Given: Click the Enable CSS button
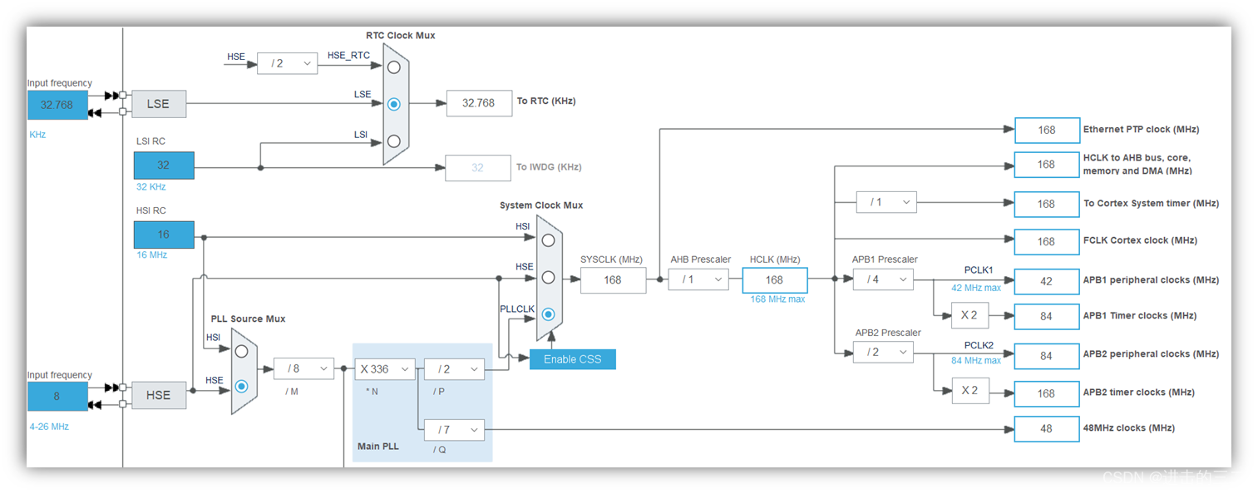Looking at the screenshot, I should click(572, 359).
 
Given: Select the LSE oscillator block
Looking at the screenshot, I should click(158, 104).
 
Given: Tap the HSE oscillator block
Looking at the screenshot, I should click(158, 396).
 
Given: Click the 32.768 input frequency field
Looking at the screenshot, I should click(57, 105).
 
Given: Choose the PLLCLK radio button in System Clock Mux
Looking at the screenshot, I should click(548, 314).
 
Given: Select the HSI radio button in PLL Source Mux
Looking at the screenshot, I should click(241, 351).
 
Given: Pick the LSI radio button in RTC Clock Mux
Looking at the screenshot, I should click(394, 141).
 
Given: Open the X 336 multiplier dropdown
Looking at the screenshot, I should click(385, 369).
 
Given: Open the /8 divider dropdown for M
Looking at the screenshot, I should click(303, 369).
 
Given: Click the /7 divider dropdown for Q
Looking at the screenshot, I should click(454, 430).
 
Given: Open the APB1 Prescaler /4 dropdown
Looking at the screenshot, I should click(883, 279).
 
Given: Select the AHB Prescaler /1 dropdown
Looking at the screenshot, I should click(698, 279).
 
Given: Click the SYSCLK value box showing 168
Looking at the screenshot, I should click(613, 280).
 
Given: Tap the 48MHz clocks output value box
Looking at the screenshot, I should click(1046, 428).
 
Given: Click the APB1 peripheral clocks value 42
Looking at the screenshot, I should click(1046, 281).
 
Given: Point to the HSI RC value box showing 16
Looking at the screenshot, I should click(164, 235).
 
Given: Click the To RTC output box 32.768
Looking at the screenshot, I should click(479, 103).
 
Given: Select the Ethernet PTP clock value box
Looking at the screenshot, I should click(1046, 130).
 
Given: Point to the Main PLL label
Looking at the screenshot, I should click(378, 447).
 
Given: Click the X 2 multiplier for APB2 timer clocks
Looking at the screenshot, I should click(970, 390).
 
